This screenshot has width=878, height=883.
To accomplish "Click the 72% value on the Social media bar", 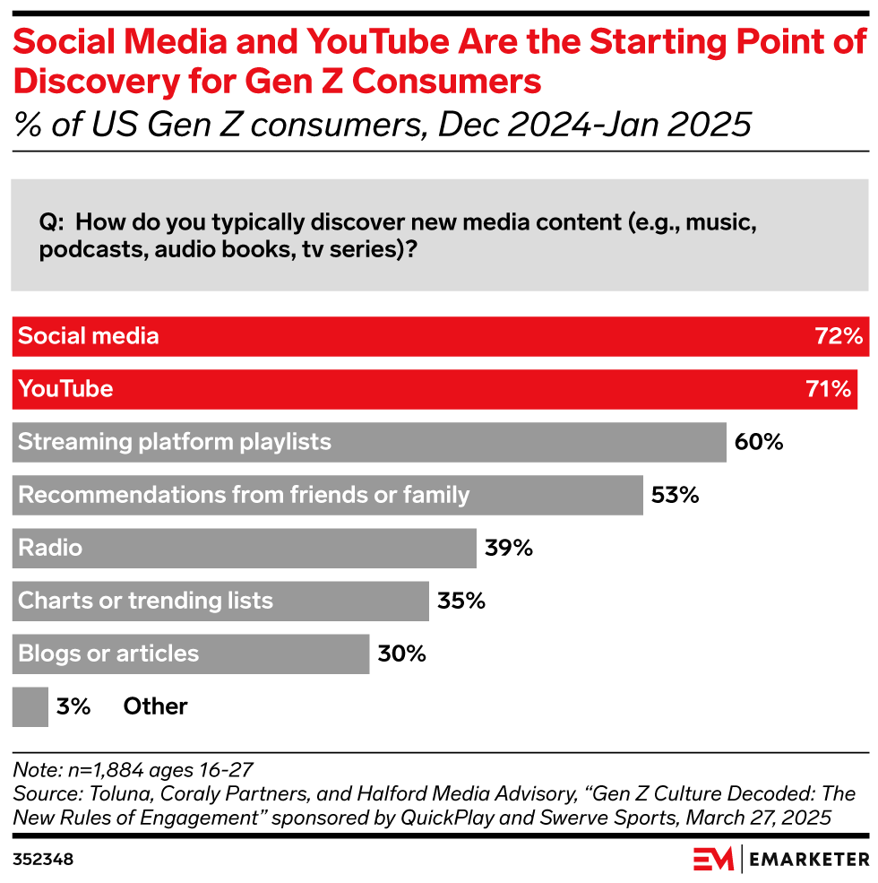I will point(839,336).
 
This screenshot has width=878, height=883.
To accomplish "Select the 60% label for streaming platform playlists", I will point(759,442).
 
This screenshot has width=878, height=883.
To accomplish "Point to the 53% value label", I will point(675,495).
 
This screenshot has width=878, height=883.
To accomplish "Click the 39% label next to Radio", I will point(509,548).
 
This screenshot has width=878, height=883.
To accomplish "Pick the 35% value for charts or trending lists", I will point(461,601).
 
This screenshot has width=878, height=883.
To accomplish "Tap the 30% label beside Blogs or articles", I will point(401,654).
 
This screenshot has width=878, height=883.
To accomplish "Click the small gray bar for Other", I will point(30,706).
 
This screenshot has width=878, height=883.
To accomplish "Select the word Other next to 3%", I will point(155,706).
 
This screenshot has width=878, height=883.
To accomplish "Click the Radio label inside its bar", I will point(50,548).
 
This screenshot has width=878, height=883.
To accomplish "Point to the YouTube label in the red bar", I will point(65,389).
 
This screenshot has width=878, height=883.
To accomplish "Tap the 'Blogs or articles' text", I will point(108,654).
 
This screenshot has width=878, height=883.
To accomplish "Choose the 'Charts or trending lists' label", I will point(145,601).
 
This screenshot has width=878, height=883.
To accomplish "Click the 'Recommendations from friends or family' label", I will point(244,495).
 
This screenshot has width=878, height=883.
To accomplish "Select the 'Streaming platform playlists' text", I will point(175,442).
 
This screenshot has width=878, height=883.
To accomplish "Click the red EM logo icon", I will point(713,858).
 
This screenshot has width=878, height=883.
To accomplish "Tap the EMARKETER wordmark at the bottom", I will point(810,859).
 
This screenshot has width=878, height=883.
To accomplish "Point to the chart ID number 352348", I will point(43,859).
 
